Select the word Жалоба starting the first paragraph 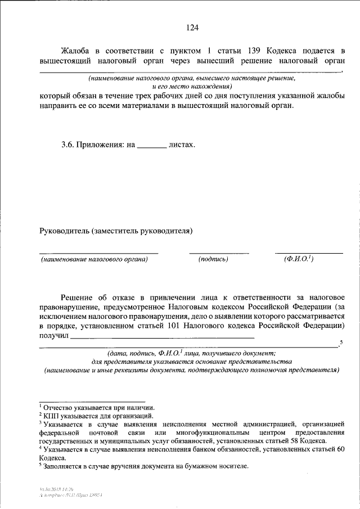click(77, 51)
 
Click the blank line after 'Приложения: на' click(151, 146)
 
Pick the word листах click(182, 145)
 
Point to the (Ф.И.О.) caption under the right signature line click(299, 259)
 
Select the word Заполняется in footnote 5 click(66, 466)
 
